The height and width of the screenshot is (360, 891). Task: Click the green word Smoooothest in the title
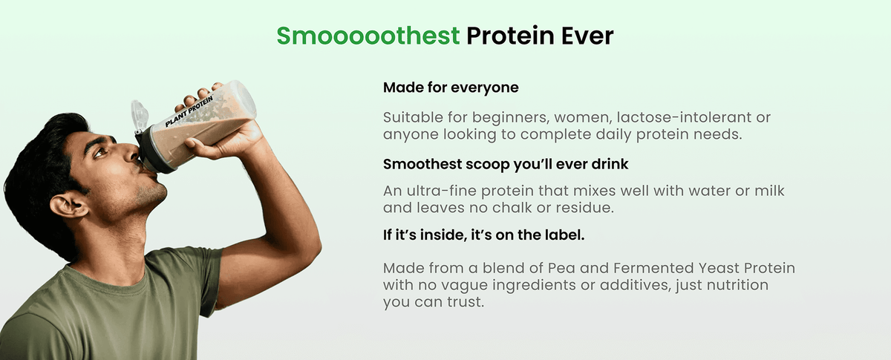[368, 36]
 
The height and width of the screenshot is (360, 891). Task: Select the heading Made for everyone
[451, 88]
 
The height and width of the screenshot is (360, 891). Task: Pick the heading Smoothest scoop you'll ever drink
[506, 164]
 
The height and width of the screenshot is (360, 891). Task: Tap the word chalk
[513, 208]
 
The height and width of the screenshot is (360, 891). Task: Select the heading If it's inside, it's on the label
[483, 235]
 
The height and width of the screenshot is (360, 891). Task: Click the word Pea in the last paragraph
[561, 268]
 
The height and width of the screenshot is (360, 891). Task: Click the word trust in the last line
[466, 302]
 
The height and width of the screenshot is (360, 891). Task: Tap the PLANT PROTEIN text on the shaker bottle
[189, 111]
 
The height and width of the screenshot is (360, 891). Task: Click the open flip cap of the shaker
[140, 115]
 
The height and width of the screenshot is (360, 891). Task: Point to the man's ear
[68, 206]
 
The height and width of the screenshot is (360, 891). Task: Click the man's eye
[101, 151]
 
